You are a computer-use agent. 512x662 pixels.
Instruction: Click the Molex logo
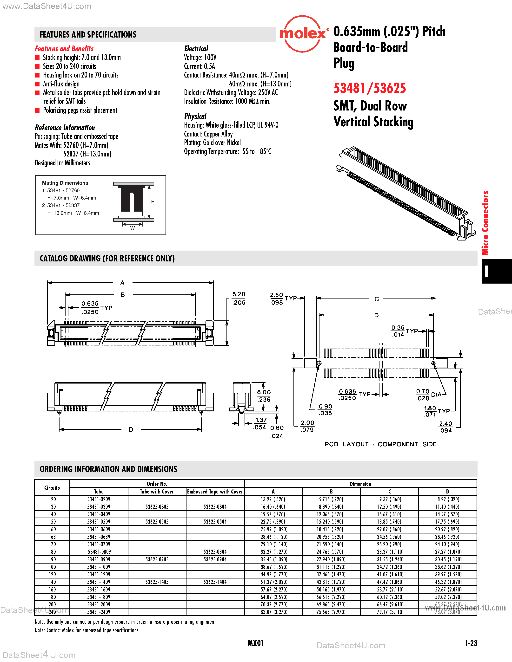click(302, 34)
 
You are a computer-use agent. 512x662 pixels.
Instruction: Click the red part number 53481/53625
click(369, 88)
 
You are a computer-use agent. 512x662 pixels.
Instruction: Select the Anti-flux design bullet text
click(61, 84)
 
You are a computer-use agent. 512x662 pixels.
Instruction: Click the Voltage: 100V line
click(200, 58)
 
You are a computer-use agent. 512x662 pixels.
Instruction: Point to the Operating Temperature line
click(227, 152)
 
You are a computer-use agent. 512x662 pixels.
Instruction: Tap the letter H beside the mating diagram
click(153, 201)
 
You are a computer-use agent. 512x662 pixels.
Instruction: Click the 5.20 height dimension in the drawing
click(239, 295)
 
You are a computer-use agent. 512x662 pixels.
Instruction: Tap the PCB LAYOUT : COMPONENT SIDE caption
click(380, 444)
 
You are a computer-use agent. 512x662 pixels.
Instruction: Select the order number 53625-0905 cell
click(157, 559)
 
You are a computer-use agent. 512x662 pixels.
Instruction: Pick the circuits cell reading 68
click(53, 537)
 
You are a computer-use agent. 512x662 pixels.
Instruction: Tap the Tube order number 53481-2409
click(99, 612)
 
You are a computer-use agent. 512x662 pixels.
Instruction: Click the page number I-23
click(471, 643)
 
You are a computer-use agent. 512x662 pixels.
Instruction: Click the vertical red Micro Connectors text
click(485, 223)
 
